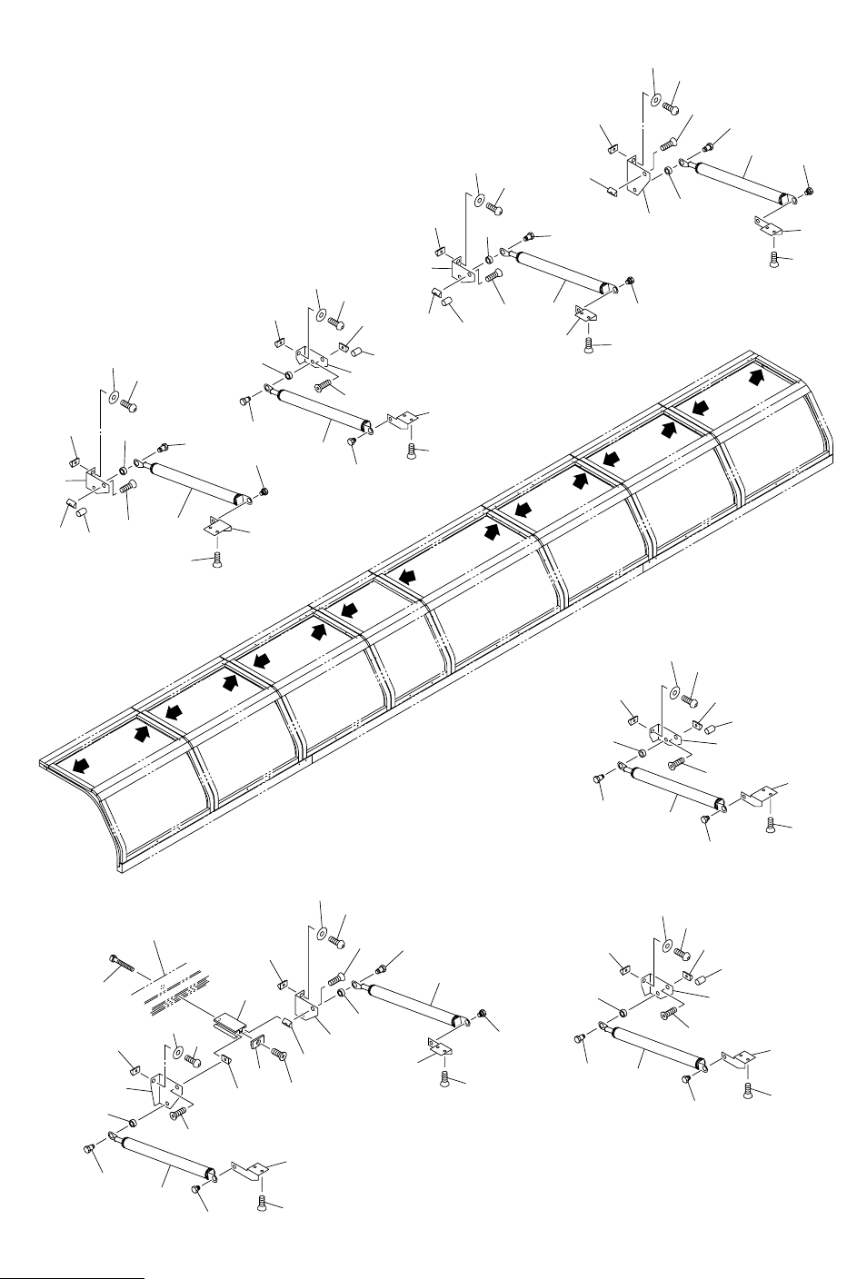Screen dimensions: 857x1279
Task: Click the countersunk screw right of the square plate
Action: coord(278,1055)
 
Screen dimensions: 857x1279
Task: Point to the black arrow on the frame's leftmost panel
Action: coord(82,765)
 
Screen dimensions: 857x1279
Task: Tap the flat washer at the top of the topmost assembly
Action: coord(656,100)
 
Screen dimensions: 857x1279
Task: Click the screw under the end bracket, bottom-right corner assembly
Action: coord(747,1089)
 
